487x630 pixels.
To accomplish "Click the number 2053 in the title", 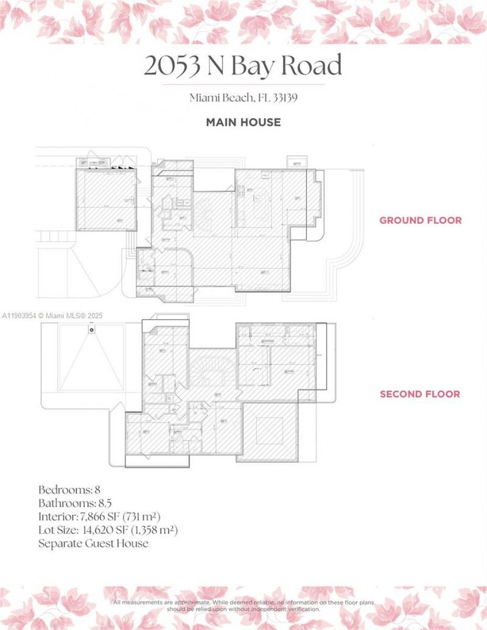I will pos(172,66).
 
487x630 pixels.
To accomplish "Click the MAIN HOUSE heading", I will pos(243,122).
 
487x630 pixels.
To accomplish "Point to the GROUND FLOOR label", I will pos(420,220).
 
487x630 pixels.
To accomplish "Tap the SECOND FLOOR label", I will pos(420,394).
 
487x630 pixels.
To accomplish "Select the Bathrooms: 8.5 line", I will pos(75,503).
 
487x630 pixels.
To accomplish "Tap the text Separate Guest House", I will pos(93,543).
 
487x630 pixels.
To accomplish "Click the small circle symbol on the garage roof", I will pos(91,330).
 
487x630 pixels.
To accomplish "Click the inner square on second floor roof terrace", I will pos(269,429).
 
